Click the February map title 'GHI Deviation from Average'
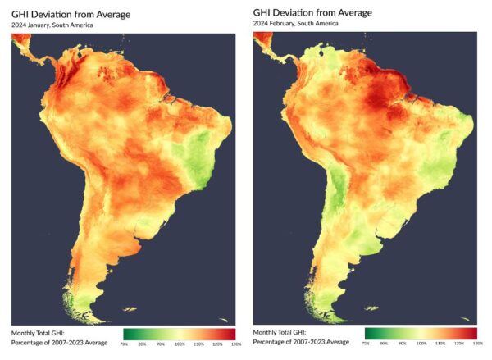312,12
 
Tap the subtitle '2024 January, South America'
52,25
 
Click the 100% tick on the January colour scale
180,343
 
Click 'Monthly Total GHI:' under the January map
39,332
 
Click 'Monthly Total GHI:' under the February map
280,332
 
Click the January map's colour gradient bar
179,334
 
